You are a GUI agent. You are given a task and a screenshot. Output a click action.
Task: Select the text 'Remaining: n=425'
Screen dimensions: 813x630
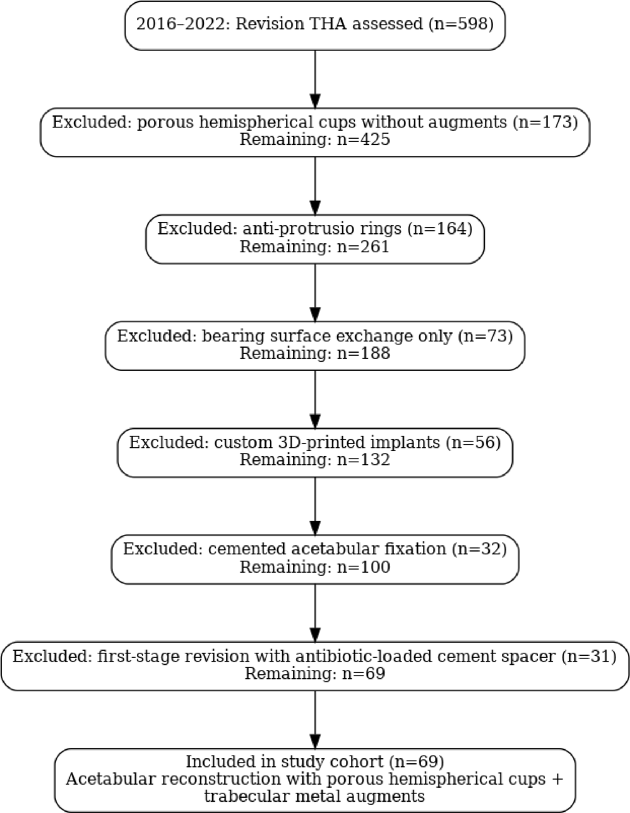click(x=314, y=139)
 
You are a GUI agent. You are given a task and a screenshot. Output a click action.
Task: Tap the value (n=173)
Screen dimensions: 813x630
click(x=545, y=122)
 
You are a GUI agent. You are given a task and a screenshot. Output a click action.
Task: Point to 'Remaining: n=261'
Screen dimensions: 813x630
click(x=314, y=246)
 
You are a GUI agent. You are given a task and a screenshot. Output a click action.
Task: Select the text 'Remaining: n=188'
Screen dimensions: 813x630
click(x=314, y=353)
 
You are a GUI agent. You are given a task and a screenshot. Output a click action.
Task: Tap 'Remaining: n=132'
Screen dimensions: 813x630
click(x=314, y=460)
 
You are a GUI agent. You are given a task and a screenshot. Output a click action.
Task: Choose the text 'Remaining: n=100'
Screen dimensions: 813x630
click(x=314, y=567)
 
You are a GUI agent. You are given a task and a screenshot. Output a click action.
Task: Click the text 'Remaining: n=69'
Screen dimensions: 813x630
click(x=314, y=674)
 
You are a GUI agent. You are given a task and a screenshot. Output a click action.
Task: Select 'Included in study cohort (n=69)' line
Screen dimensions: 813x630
click(x=314, y=761)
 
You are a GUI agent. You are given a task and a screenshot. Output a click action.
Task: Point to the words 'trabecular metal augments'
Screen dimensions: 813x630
click(x=314, y=797)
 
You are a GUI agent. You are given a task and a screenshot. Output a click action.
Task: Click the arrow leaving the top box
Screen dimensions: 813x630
click(x=314, y=78)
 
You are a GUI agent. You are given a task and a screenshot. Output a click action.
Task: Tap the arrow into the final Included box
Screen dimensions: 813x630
click(x=314, y=720)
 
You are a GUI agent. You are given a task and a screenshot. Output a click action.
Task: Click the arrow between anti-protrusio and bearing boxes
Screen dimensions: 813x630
click(x=314, y=292)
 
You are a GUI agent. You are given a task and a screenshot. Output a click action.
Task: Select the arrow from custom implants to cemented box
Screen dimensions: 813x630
click(x=314, y=506)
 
